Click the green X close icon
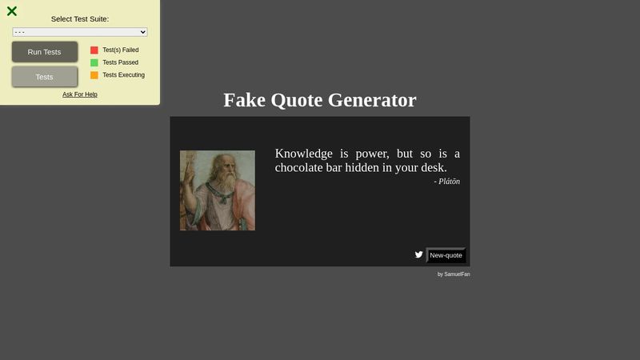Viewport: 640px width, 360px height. (x=12, y=11)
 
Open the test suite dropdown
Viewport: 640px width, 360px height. (x=80, y=32)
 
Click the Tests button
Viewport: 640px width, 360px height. (x=45, y=77)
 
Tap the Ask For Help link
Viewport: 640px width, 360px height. (x=80, y=94)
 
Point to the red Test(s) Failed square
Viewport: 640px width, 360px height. (x=94, y=50)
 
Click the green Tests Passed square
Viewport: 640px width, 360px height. (x=94, y=62)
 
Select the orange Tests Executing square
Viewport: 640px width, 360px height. (x=94, y=75)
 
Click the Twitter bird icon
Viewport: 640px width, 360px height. (x=418, y=255)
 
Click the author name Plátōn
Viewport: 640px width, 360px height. (x=449, y=182)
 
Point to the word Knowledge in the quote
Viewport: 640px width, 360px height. (x=303, y=154)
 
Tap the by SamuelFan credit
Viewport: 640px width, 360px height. (x=454, y=274)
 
